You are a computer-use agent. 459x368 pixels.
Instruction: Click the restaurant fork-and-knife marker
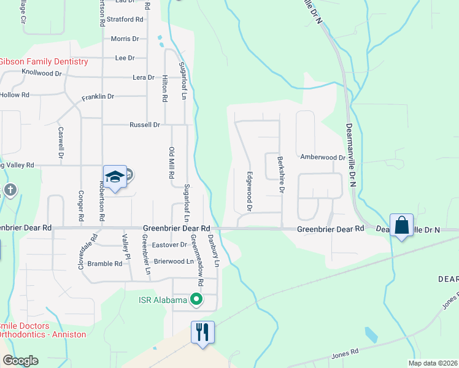click(203, 332)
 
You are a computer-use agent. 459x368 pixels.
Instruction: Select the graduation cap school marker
click(115, 177)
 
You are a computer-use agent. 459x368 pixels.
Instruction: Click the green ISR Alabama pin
click(196, 300)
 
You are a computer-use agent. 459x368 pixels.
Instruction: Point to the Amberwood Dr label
click(322, 157)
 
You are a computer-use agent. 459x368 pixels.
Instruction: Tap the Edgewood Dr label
click(250, 191)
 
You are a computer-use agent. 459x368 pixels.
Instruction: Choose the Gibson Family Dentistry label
click(44, 62)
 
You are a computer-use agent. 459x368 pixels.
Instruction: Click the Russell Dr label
click(145, 125)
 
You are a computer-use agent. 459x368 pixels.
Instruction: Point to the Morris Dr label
click(125, 39)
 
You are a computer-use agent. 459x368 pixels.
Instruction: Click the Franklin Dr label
click(98, 96)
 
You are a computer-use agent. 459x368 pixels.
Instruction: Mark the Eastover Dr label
click(170, 244)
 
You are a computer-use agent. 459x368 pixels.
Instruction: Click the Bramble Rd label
click(105, 264)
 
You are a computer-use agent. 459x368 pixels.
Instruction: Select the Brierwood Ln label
click(174, 261)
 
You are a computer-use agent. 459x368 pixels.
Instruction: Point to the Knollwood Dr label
click(42, 72)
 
